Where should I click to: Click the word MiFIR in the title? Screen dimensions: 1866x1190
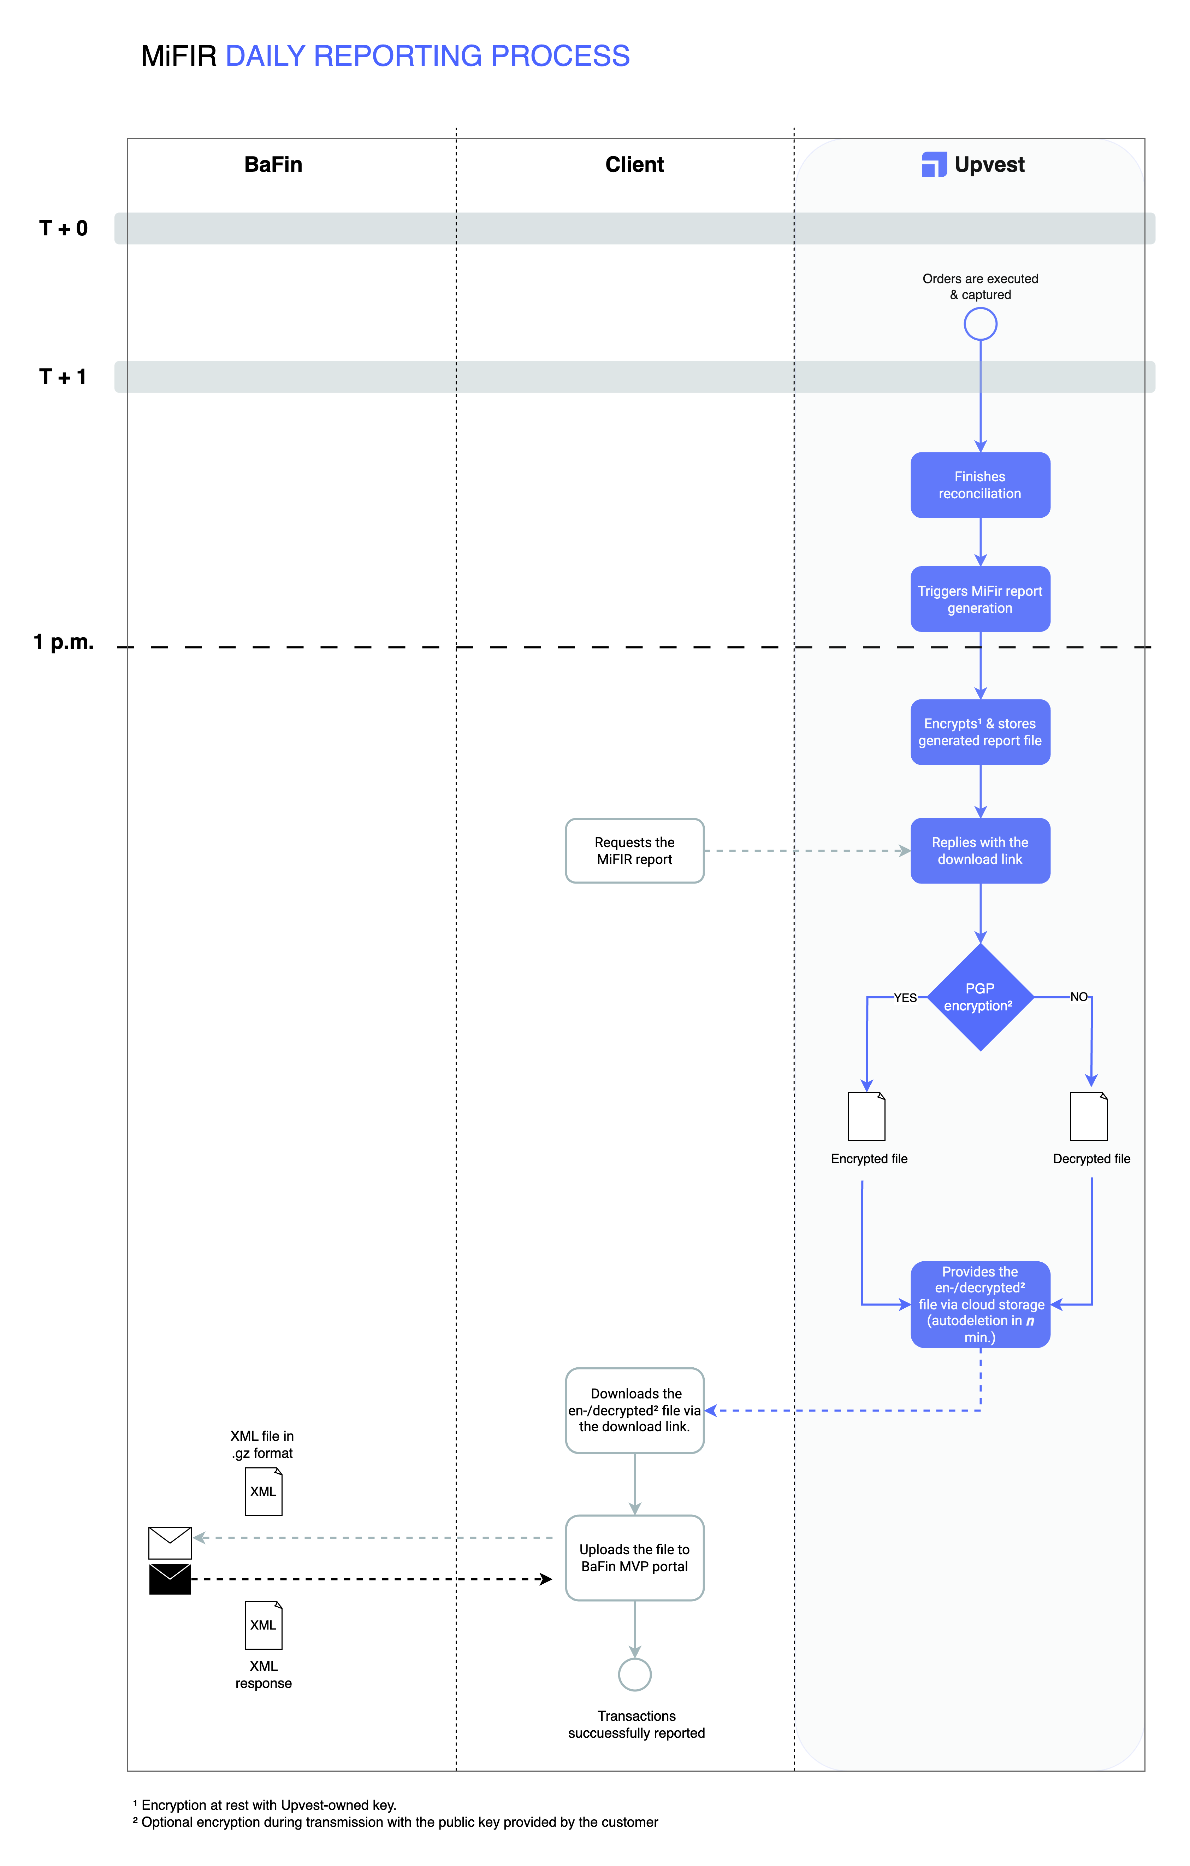tap(179, 57)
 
